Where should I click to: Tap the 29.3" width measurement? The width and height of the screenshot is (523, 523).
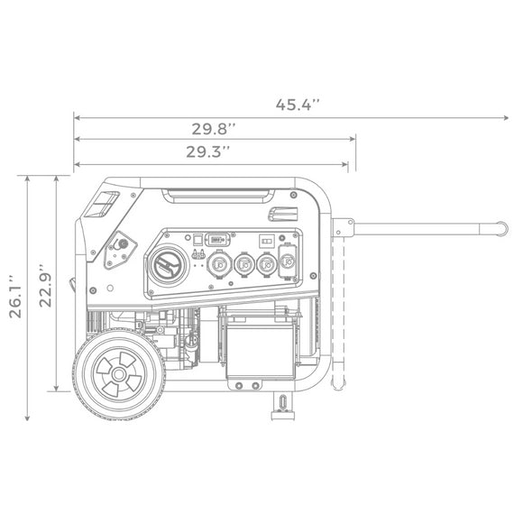[x=209, y=151]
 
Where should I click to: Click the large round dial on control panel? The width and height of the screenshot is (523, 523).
[x=168, y=267]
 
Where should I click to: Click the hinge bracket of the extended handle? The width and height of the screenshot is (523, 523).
[x=340, y=225]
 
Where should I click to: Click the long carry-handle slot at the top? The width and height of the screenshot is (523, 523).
[x=220, y=194]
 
